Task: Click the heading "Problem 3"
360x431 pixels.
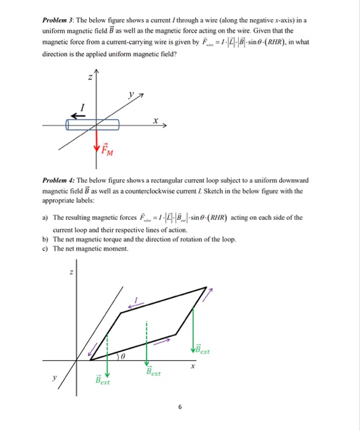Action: (x=59, y=20)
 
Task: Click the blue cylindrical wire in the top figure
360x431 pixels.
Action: (x=92, y=124)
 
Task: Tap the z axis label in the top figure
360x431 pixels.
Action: (x=90, y=77)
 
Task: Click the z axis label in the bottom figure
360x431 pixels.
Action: (x=71, y=273)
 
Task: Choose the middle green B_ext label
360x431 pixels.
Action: (x=153, y=372)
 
